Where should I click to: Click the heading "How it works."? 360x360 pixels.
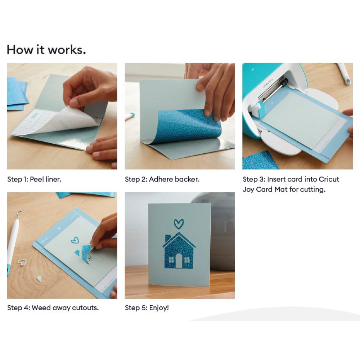pyautogui.click(x=46, y=50)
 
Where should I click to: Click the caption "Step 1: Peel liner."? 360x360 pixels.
pyautogui.click(x=34, y=179)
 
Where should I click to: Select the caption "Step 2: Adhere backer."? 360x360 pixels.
pyautogui.click(x=162, y=179)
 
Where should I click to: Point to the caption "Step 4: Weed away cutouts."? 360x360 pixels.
pyautogui.click(x=53, y=308)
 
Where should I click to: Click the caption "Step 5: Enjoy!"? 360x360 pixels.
pyautogui.click(x=147, y=308)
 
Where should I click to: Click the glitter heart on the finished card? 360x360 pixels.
pyautogui.click(x=179, y=224)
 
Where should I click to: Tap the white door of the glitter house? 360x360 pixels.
pyautogui.click(x=179, y=261)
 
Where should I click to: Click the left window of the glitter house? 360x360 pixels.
pyautogui.click(x=171, y=260)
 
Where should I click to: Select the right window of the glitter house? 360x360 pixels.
pyautogui.click(x=187, y=260)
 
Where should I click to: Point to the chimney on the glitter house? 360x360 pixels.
pyautogui.click(x=168, y=238)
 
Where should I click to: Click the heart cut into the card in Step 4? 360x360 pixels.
pyautogui.click(x=75, y=240)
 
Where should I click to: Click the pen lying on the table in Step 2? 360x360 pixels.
pyautogui.click(x=130, y=116)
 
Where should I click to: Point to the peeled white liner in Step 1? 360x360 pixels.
pyautogui.click(x=57, y=122)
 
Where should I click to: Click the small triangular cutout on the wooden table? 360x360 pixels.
pyautogui.click(x=39, y=279)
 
